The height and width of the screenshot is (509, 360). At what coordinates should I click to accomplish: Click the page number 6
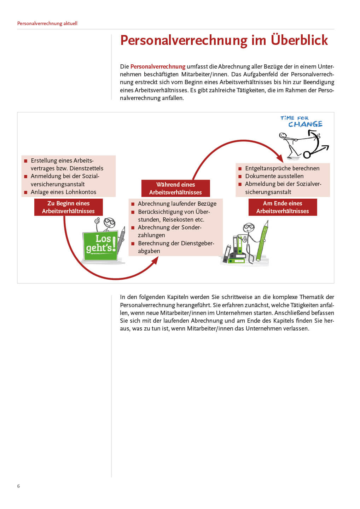pos(18,486)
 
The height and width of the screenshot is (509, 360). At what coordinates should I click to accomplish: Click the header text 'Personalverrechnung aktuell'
pos(47,23)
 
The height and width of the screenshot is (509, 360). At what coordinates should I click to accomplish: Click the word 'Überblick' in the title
pos(299,40)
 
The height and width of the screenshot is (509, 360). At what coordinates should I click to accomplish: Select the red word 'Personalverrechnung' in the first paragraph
pos(158,66)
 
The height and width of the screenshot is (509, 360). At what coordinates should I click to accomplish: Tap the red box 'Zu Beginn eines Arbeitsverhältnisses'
pos(68,207)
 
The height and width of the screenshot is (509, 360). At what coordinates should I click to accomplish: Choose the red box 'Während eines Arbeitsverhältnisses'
pos(175,188)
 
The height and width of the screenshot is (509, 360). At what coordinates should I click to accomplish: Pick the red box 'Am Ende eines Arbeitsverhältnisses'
pos(283,207)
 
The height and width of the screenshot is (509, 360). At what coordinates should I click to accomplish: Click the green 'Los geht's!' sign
pos(101,245)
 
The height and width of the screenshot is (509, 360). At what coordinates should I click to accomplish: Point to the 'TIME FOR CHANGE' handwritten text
pos(302,121)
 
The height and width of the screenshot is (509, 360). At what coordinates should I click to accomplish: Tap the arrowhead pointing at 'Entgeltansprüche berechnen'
pos(280,158)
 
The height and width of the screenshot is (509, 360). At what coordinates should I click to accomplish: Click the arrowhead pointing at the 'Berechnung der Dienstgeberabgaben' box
pos(155,261)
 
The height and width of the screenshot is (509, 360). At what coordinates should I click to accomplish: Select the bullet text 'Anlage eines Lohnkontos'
pos(63,192)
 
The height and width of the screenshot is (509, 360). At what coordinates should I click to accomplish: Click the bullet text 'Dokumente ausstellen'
pos(274,176)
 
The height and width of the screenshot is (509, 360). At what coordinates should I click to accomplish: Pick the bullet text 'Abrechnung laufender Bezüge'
pos(177,204)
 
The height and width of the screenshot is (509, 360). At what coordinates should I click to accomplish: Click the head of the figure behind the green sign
pos(109,223)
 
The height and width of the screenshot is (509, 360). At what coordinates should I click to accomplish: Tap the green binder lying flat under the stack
pos(237,261)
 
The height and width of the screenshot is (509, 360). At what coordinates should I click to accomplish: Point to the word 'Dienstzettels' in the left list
pos(86,168)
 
